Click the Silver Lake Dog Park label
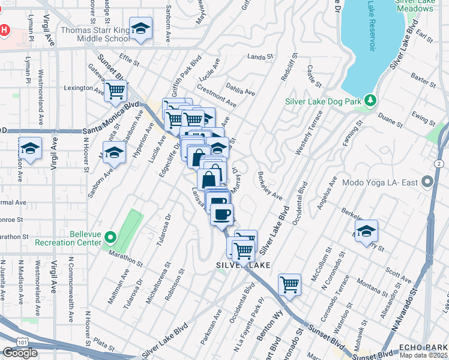324,101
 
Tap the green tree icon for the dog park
372,100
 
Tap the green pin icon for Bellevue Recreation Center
110,238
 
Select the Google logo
20,353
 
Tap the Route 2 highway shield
439,163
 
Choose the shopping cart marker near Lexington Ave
115,91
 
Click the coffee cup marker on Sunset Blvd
221,214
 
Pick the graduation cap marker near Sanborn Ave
113,154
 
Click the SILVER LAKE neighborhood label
238,265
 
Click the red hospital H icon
5,29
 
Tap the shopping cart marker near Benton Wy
289,284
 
